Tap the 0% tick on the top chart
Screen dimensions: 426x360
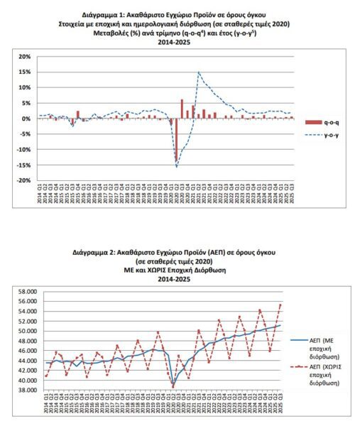click(x=26, y=118)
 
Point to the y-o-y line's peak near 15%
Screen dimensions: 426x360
click(x=199, y=72)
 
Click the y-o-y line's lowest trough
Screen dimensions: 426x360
click(x=177, y=167)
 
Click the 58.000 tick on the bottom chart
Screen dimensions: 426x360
click(x=27, y=291)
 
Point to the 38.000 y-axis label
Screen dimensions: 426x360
click(x=27, y=390)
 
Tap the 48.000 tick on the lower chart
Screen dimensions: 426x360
click(x=27, y=341)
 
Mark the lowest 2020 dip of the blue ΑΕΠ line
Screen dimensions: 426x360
click(x=173, y=386)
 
